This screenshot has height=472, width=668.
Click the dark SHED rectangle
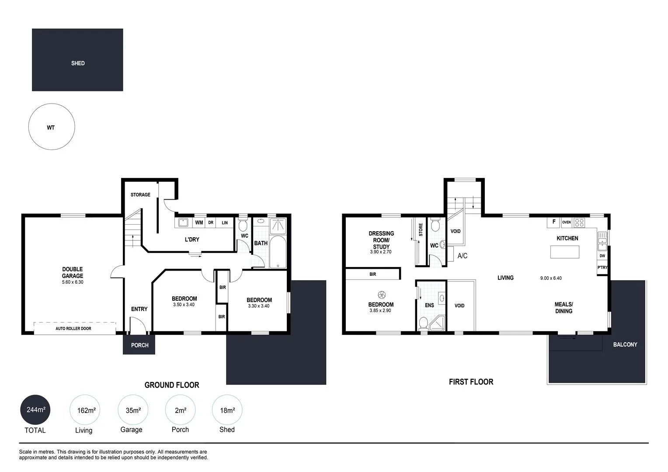tap(77, 60)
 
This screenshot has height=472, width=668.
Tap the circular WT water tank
tap(52, 127)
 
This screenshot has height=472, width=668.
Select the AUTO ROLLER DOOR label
tap(73, 328)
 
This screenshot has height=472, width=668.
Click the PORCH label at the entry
tap(139, 345)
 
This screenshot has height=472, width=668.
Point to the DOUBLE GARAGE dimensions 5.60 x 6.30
tap(73, 282)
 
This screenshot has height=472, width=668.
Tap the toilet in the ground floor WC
tap(244, 225)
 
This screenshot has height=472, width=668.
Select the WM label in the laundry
tap(199, 222)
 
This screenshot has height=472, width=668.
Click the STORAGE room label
tap(140, 195)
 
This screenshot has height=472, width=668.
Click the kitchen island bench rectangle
tap(565, 252)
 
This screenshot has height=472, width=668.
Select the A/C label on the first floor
tap(462, 256)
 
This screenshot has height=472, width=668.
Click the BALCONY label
tap(625, 344)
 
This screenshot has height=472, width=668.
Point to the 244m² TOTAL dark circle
tap(35, 410)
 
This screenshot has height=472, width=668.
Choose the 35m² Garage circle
tap(133, 410)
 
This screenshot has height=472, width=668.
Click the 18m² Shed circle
tap(227, 410)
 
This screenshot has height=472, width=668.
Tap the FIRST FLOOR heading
tap(471, 382)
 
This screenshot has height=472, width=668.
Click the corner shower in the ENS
tap(438, 324)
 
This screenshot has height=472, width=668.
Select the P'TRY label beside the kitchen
tap(602, 267)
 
